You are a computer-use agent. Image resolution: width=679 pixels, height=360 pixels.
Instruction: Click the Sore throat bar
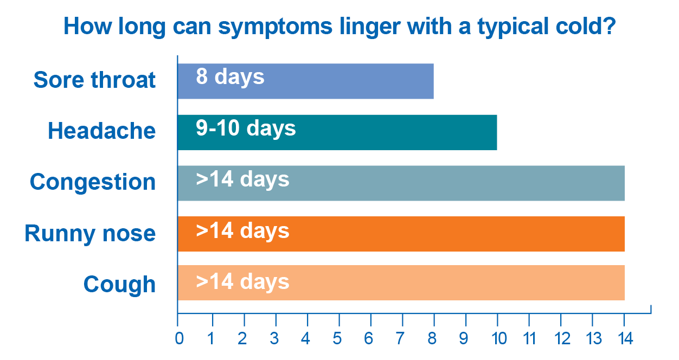pyautogui.click(x=305, y=81)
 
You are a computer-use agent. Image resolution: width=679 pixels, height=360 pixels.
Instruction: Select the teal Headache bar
pyautogui.click(x=337, y=132)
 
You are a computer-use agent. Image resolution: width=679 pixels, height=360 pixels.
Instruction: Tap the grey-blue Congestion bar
pyautogui.click(x=401, y=183)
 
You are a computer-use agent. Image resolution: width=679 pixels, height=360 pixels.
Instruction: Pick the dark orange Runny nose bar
pyautogui.click(x=401, y=234)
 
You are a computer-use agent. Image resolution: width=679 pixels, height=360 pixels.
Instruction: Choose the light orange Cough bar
pyautogui.click(x=401, y=282)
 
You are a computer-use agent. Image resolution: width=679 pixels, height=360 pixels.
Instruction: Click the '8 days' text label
pyautogui.click(x=230, y=77)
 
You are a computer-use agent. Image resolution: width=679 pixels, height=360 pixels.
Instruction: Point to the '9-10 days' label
pyautogui.click(x=246, y=128)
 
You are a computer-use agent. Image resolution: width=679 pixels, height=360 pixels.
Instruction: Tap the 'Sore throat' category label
pyautogui.click(x=94, y=80)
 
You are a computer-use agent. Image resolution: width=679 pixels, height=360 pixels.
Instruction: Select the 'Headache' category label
pyautogui.click(x=102, y=131)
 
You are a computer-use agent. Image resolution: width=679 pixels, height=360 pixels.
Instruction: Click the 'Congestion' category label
pyautogui.click(x=93, y=182)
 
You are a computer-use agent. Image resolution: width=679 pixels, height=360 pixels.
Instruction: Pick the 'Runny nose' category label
pyautogui.click(x=90, y=234)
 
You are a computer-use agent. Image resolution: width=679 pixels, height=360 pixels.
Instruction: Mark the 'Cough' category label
pyautogui.click(x=119, y=285)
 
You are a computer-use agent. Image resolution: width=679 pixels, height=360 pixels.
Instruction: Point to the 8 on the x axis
pyautogui.click(x=432, y=338)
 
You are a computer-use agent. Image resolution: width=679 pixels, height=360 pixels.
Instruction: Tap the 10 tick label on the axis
pyautogui.click(x=499, y=338)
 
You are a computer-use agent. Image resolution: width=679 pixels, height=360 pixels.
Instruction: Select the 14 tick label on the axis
pyautogui.click(x=626, y=338)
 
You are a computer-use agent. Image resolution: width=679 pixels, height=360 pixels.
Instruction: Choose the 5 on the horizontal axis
pyautogui.click(x=337, y=338)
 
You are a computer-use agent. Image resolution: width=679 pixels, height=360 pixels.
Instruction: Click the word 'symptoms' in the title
pyautogui.click(x=276, y=27)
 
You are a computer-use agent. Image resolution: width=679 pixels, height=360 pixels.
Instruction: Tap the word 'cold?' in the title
pyautogui.click(x=586, y=26)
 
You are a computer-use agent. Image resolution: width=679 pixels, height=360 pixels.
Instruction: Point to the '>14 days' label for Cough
pyautogui.click(x=242, y=282)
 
